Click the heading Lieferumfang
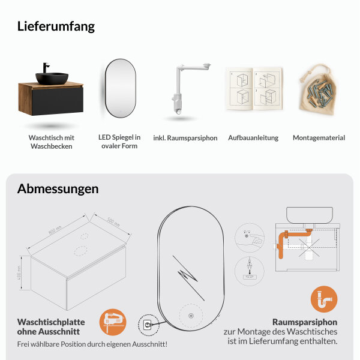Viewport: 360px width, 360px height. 56,26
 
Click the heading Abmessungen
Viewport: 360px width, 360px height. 58,188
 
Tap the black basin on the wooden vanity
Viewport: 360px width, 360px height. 52,77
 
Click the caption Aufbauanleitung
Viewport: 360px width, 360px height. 253,138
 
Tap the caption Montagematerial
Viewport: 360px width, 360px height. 319,138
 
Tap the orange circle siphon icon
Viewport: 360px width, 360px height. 324,299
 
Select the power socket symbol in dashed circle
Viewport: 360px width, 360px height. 146,325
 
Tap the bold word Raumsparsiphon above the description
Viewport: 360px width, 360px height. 305,322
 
